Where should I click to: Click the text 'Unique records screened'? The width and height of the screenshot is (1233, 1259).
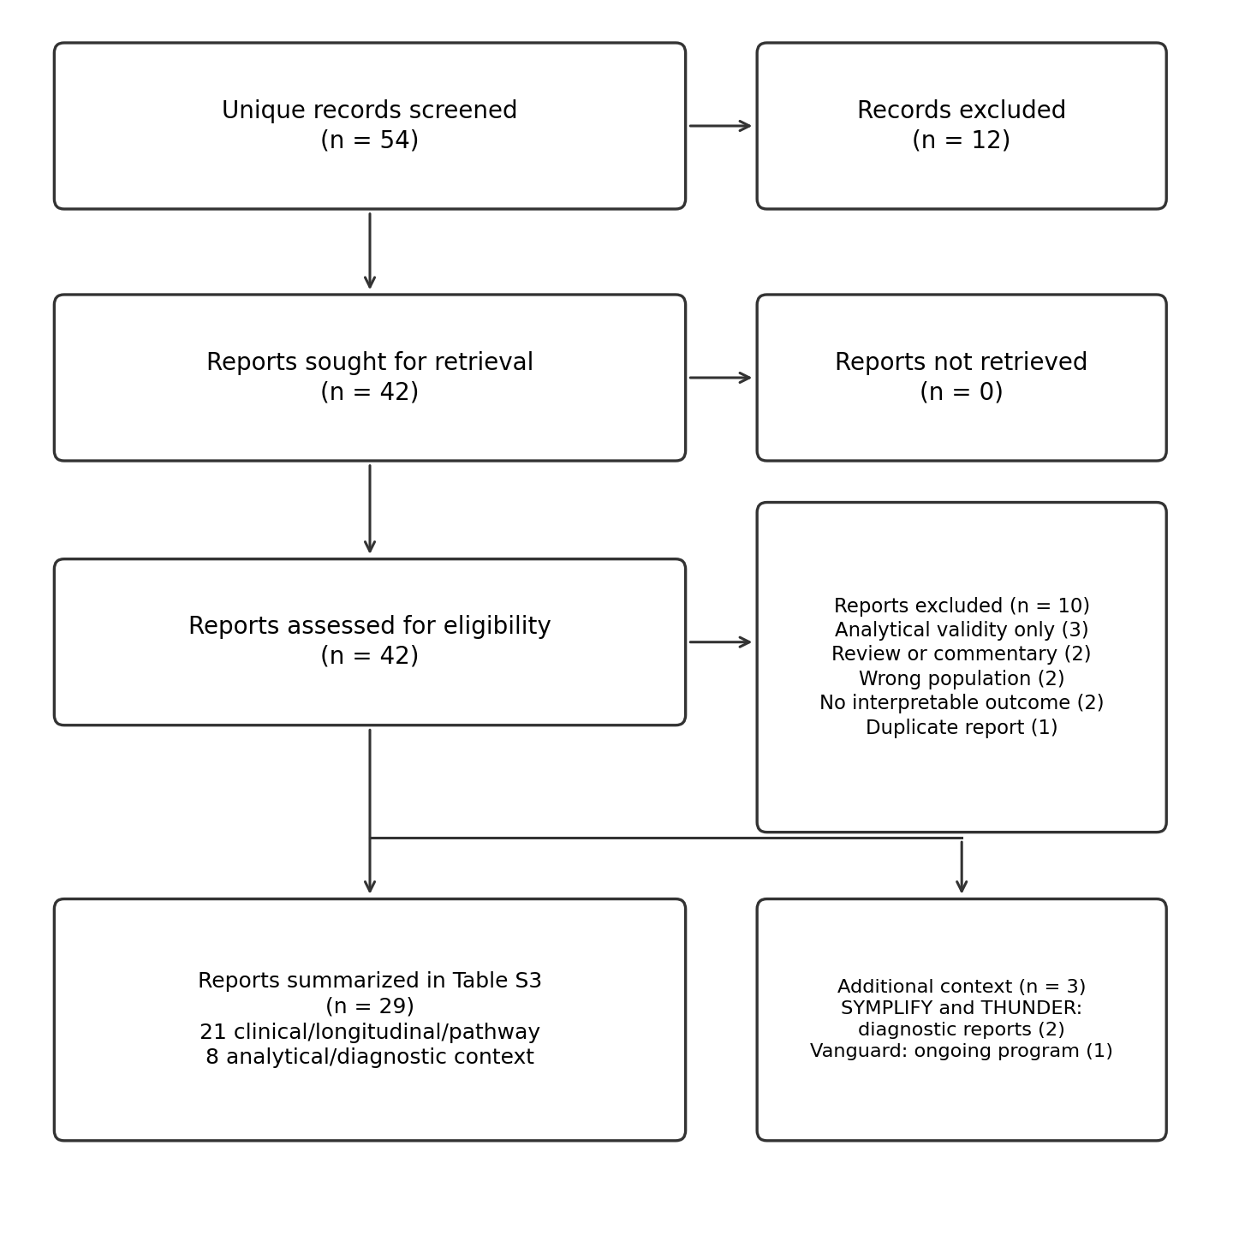pos(369,110)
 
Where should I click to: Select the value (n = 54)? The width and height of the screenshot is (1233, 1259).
pos(369,140)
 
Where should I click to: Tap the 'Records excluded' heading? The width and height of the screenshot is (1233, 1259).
pos(962,110)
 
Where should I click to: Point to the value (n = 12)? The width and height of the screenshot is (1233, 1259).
pos(962,140)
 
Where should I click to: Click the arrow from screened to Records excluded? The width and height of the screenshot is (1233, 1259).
pos(720,126)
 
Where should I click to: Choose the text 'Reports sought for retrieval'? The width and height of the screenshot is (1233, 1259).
pos(369,362)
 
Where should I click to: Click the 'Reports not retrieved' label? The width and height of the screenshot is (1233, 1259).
pos(962,362)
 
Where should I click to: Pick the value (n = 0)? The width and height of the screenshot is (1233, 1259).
pos(962,392)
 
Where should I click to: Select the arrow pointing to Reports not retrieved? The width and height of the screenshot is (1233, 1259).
pos(720,378)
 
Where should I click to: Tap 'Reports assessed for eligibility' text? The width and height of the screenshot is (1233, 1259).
pos(369,626)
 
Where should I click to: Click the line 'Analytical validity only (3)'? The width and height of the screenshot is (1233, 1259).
pos(962,629)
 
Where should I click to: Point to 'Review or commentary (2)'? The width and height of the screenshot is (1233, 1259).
pos(962,654)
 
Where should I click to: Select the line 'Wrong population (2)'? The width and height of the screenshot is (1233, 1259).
pos(962,679)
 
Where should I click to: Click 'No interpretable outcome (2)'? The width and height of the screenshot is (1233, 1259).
pos(962,703)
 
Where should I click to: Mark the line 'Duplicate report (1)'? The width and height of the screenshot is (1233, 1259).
pos(962,728)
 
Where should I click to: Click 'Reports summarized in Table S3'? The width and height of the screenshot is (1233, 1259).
pos(369,982)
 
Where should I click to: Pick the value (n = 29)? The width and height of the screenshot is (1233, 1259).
pos(369,1007)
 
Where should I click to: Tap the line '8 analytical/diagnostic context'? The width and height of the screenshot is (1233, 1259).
pos(369,1057)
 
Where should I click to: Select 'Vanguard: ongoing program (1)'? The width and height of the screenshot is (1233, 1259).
pos(962,1051)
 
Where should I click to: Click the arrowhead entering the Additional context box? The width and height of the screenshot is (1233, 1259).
pos(962,886)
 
